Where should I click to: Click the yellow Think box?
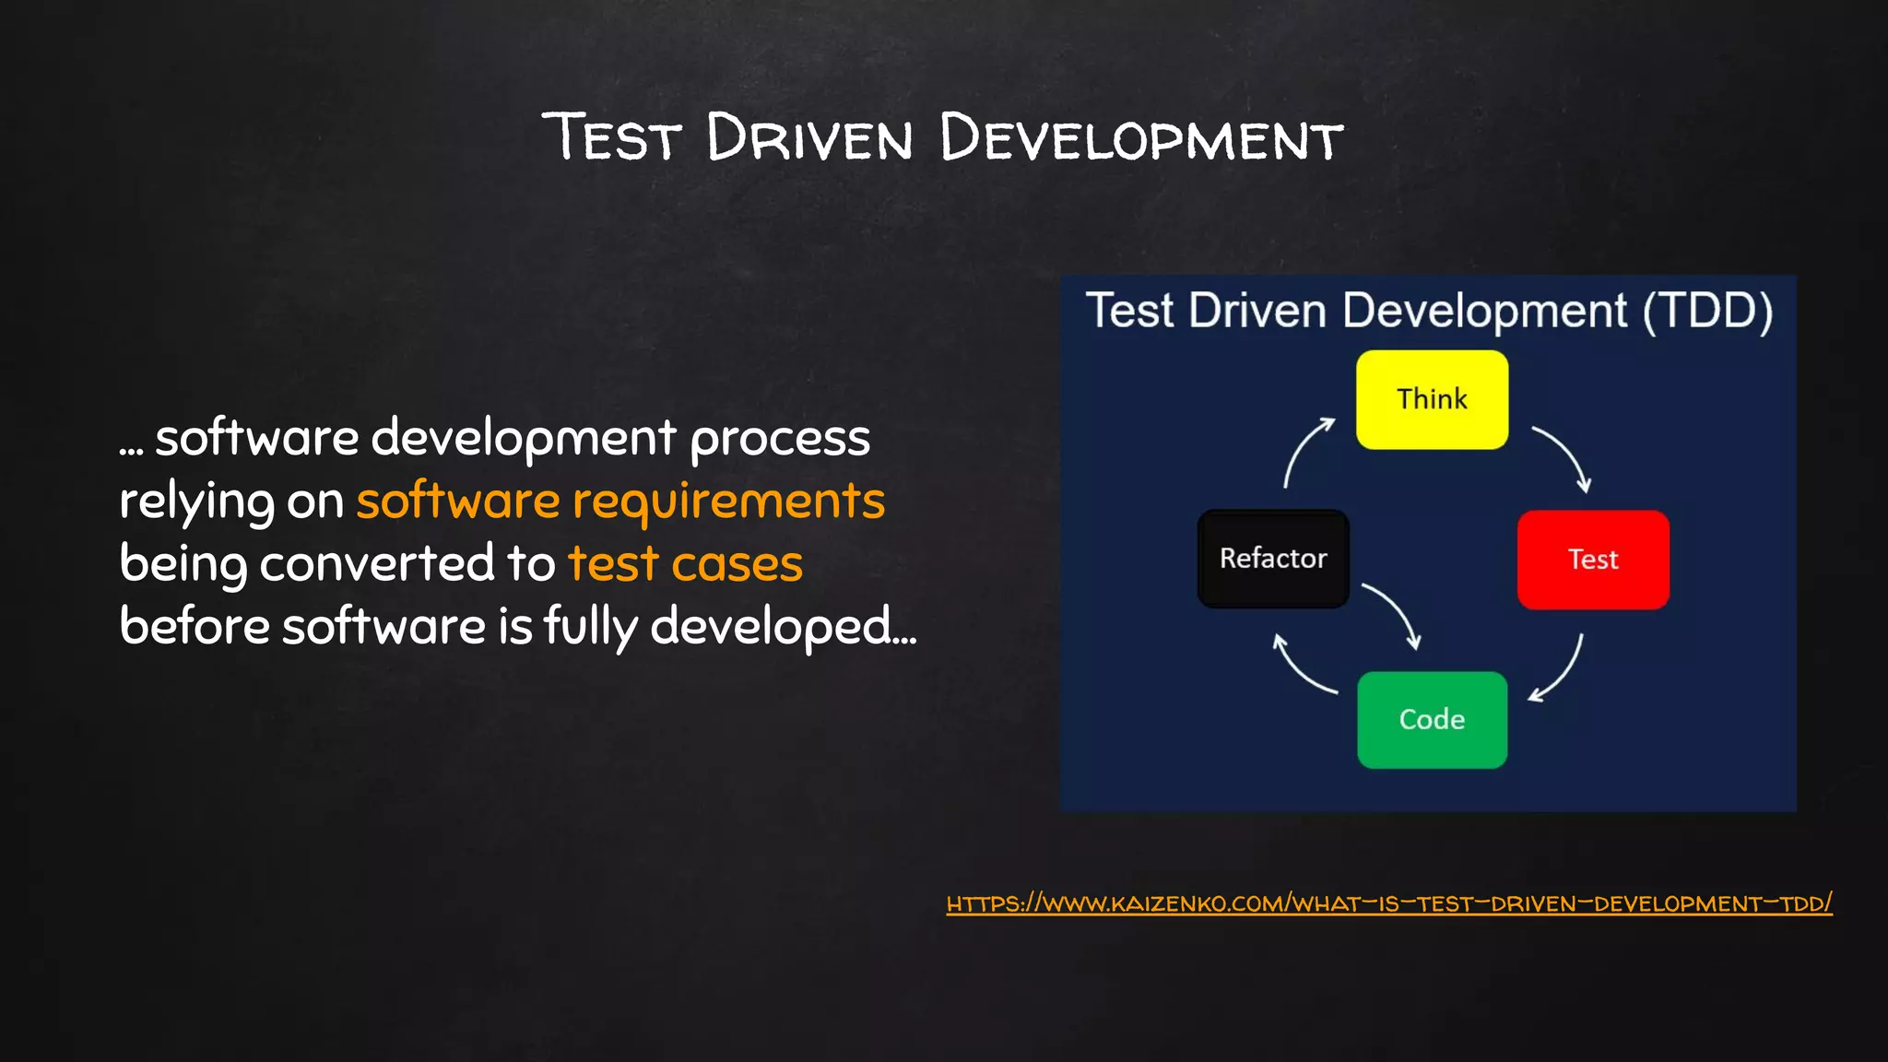(x=1432, y=399)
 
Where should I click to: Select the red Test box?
(x=1593, y=560)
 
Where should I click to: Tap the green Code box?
(x=1432, y=719)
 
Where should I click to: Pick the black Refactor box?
(x=1273, y=559)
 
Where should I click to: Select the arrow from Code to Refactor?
(x=1301, y=666)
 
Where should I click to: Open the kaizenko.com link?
(x=1389, y=903)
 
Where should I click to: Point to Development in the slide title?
(x=1141, y=138)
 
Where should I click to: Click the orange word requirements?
(x=728, y=502)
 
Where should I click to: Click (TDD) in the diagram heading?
(x=1707, y=311)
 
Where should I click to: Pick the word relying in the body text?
(x=196, y=503)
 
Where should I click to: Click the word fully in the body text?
(x=590, y=627)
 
